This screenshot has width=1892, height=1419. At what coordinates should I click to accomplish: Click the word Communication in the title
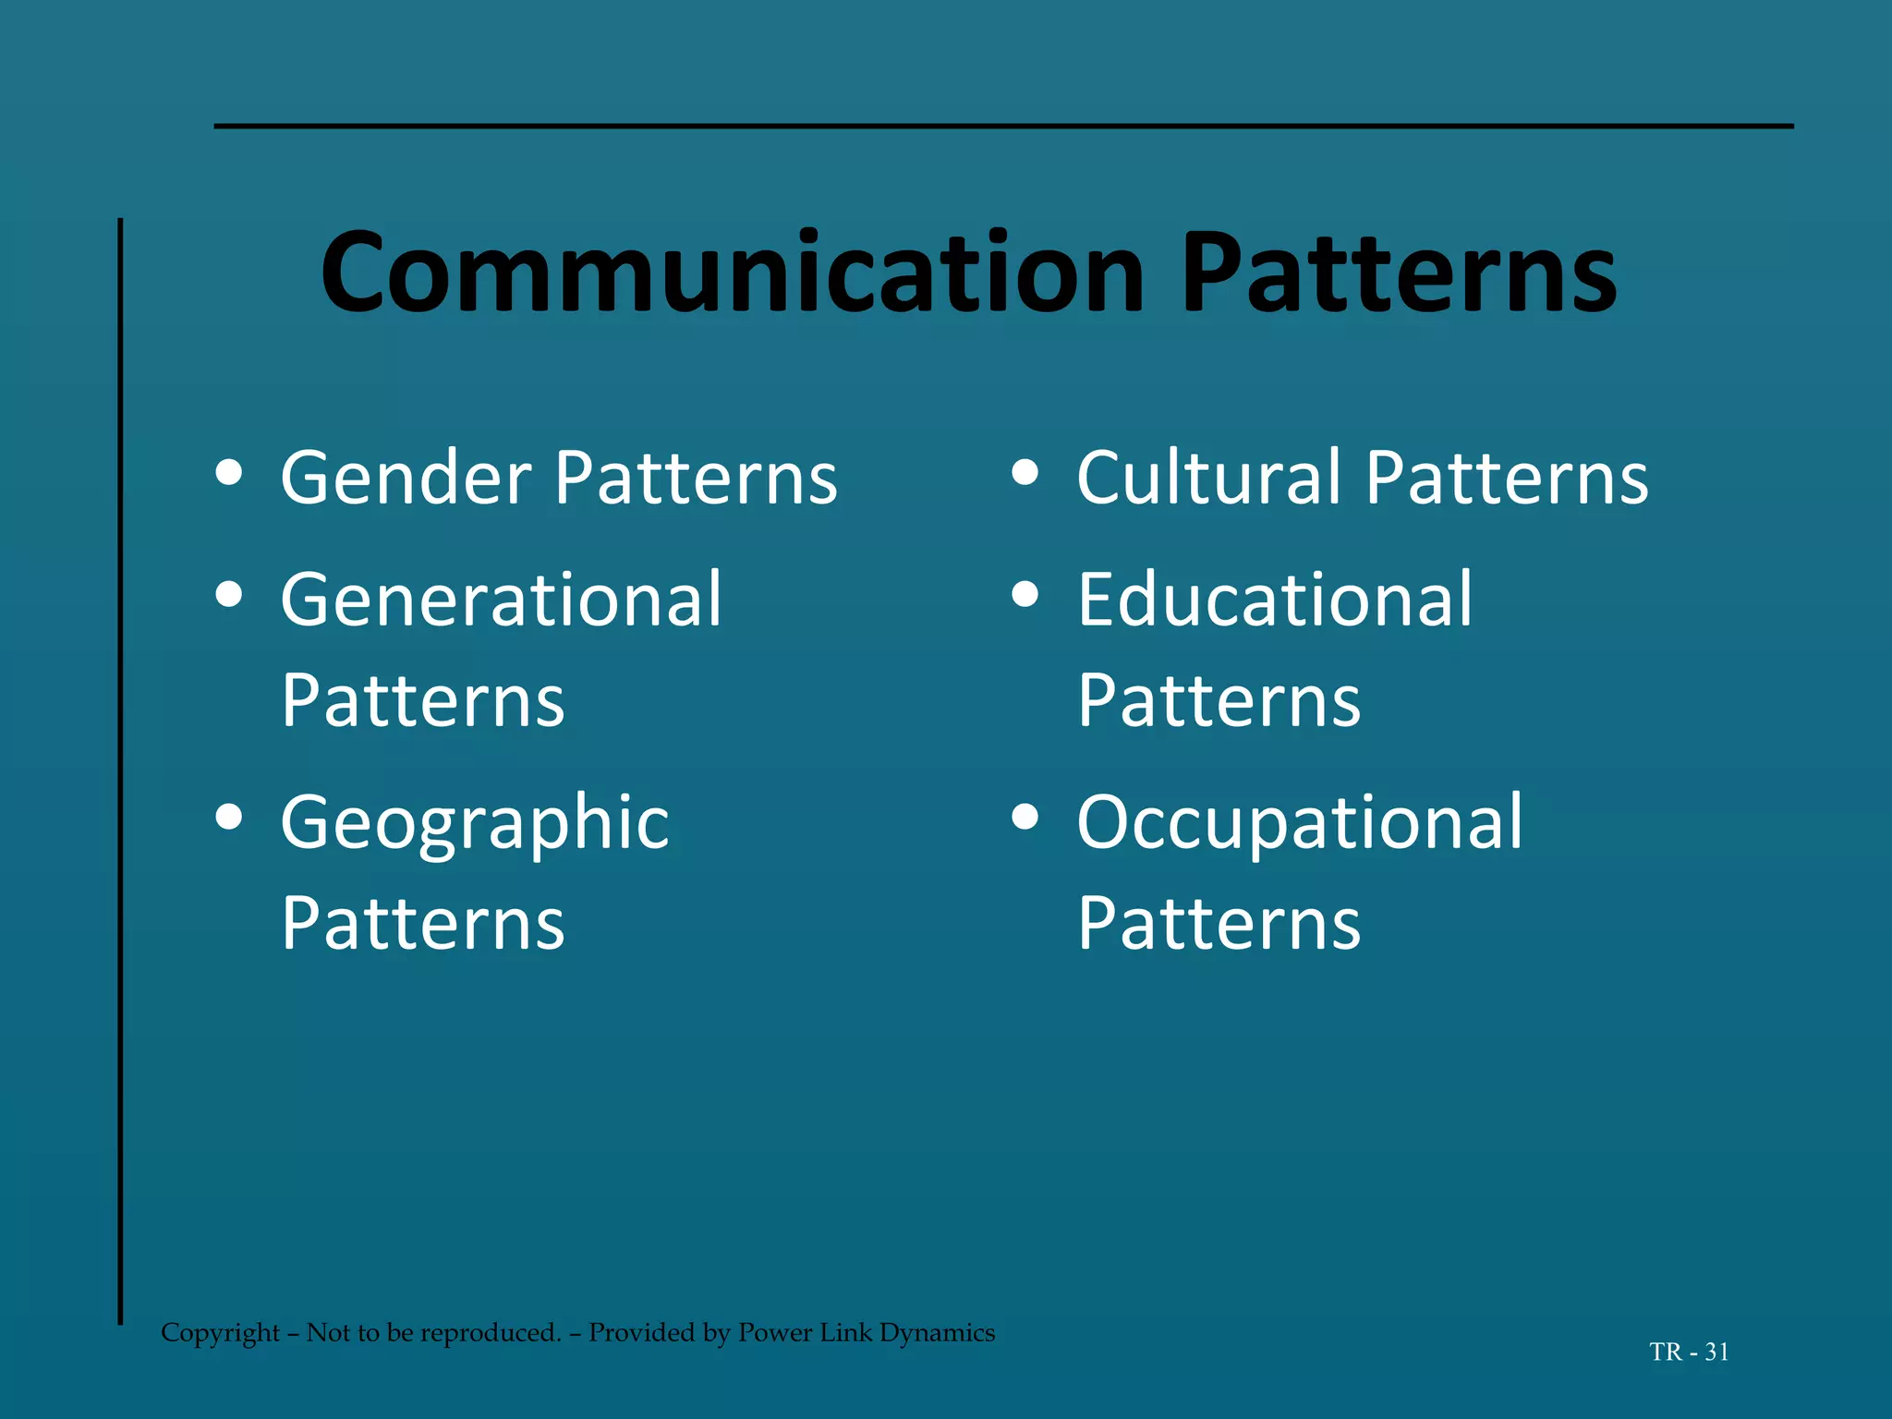pyautogui.click(x=732, y=273)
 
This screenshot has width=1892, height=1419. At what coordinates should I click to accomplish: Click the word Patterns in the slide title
pyautogui.click(x=1399, y=273)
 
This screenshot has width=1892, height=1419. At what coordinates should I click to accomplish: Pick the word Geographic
pyautogui.click(x=475, y=824)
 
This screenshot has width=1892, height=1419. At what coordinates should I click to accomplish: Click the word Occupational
pyautogui.click(x=1300, y=824)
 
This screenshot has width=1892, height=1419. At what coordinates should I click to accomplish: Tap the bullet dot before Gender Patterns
pyautogui.click(x=228, y=473)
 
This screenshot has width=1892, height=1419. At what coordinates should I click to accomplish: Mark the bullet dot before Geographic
pyautogui.click(x=228, y=817)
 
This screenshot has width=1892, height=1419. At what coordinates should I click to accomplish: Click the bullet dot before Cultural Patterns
pyautogui.click(x=1025, y=473)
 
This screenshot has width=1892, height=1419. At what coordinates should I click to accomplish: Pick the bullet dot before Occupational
pyautogui.click(x=1025, y=817)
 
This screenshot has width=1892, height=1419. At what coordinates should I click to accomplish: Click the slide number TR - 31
pyautogui.click(x=1689, y=1352)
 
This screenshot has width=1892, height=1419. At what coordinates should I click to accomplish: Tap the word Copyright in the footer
pyautogui.click(x=220, y=1333)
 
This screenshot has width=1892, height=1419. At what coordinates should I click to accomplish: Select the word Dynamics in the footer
pyautogui.click(x=937, y=1333)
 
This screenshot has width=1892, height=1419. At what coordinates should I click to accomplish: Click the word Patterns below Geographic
pyautogui.click(x=423, y=923)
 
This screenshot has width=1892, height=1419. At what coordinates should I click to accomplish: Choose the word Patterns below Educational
pyautogui.click(x=1219, y=700)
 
